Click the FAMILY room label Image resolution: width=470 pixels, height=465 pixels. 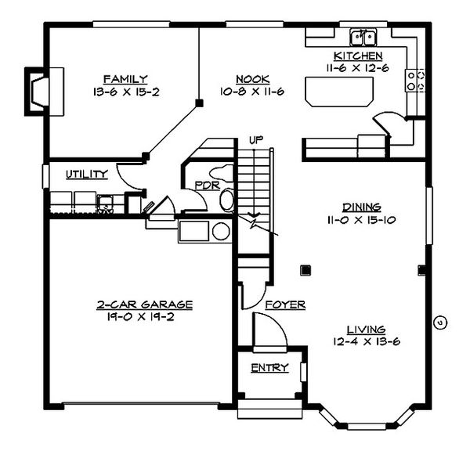[x=125, y=78]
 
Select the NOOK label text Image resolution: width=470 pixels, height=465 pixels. [x=252, y=79]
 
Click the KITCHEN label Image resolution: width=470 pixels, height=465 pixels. [x=358, y=56]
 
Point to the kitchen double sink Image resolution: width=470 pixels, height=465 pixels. [x=363, y=37]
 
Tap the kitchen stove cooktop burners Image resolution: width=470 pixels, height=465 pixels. [x=414, y=80]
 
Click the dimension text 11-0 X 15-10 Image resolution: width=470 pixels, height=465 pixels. [x=361, y=220]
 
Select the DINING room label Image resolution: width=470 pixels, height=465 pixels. [x=361, y=207]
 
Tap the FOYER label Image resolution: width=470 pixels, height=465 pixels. [x=284, y=305]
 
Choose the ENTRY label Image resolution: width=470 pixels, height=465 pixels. [x=269, y=368]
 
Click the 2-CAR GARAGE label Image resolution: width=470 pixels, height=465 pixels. [x=145, y=304]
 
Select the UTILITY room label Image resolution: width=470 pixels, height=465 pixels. [x=86, y=175]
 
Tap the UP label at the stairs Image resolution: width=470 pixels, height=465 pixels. [x=255, y=140]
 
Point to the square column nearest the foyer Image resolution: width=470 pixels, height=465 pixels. [x=305, y=271]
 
